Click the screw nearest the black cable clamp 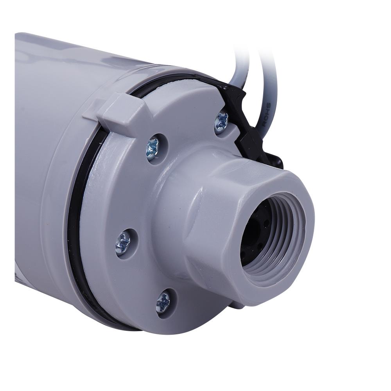point(222,121)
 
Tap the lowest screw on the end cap point(163,303)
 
